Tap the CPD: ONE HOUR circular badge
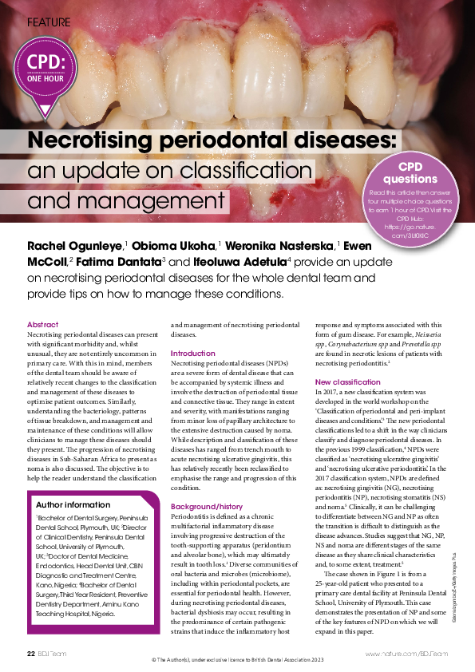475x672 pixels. (46, 69)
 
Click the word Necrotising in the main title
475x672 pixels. (97, 142)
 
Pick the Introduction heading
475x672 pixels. (193, 353)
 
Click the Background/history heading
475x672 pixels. (206, 484)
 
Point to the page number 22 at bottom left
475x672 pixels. (30, 654)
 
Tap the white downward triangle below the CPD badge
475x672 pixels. (46, 111)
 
